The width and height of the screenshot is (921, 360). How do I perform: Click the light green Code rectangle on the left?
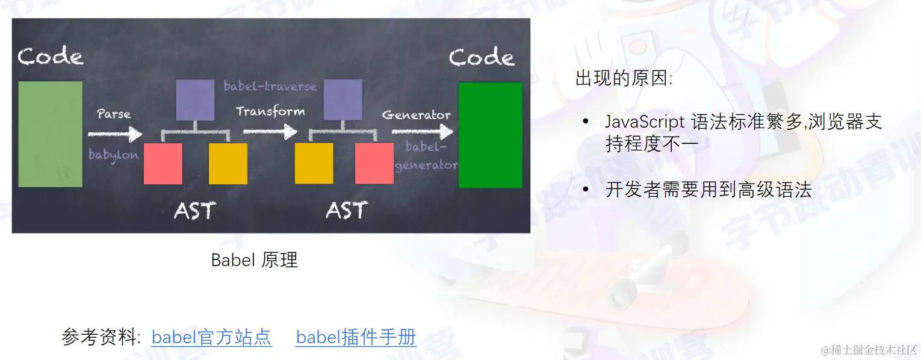50,134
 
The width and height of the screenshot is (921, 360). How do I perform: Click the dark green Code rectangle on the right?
491,135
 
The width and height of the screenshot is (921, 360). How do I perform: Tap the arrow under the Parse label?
115,134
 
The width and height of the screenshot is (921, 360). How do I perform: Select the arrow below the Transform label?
270,131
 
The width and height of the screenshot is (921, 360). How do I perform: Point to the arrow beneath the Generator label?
422,131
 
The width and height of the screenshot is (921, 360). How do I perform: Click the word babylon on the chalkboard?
114,155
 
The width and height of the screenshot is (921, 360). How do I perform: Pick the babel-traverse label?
270,86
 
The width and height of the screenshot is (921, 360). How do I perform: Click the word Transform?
270,111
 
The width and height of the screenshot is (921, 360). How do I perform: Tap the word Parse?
114,114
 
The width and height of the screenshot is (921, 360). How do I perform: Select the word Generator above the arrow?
416,115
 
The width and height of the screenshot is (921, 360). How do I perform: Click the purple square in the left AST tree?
195,100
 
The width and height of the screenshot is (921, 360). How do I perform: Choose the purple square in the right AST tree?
343,100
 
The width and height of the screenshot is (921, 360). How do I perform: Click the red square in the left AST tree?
163,164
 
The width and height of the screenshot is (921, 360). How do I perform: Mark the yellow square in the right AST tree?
314,163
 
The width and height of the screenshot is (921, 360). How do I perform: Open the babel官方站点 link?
211,337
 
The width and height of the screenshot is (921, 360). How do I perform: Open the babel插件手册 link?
356,337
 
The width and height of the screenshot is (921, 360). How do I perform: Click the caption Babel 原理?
254,260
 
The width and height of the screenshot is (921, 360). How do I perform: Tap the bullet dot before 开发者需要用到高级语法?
586,190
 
